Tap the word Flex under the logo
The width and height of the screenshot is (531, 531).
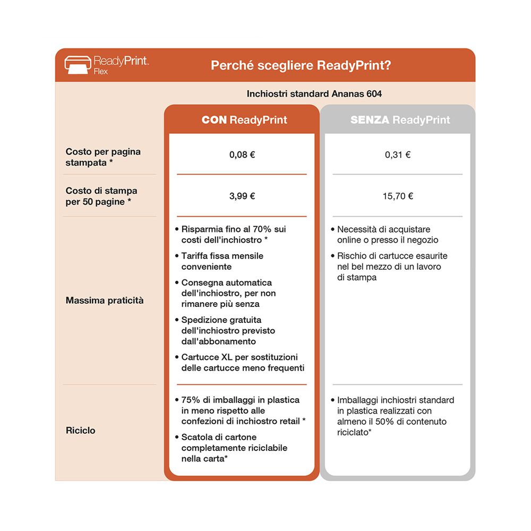point(100,71)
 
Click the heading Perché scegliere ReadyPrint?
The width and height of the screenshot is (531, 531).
point(302,65)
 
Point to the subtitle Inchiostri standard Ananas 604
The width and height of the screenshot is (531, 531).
point(314,94)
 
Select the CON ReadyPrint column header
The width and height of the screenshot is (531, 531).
point(244,120)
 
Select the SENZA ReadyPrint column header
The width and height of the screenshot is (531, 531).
point(400,120)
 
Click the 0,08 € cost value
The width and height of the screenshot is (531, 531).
point(242,155)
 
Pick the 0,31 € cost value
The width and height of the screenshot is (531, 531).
point(398,155)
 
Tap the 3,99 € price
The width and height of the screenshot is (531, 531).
point(242,196)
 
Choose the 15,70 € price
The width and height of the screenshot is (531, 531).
point(398,196)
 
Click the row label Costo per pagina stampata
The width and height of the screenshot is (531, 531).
point(103,157)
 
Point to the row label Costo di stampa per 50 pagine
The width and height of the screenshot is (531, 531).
point(101,196)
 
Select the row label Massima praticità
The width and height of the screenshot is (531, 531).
point(105,301)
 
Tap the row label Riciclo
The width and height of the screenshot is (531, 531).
point(81,431)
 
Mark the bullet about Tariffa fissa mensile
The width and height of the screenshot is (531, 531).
point(222,261)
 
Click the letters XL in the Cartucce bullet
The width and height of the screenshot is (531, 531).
point(227,357)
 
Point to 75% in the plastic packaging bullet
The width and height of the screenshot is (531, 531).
point(191,400)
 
